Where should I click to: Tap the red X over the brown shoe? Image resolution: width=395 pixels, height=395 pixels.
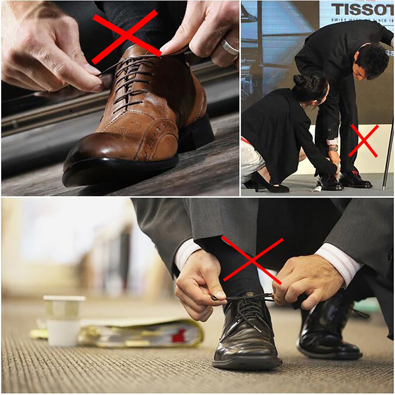click(x=125, y=36)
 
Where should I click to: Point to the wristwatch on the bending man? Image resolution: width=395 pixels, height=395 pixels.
click(x=333, y=148)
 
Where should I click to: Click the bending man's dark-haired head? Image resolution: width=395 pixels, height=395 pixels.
click(x=372, y=61)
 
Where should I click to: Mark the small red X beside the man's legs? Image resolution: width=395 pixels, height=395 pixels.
click(x=363, y=141)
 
